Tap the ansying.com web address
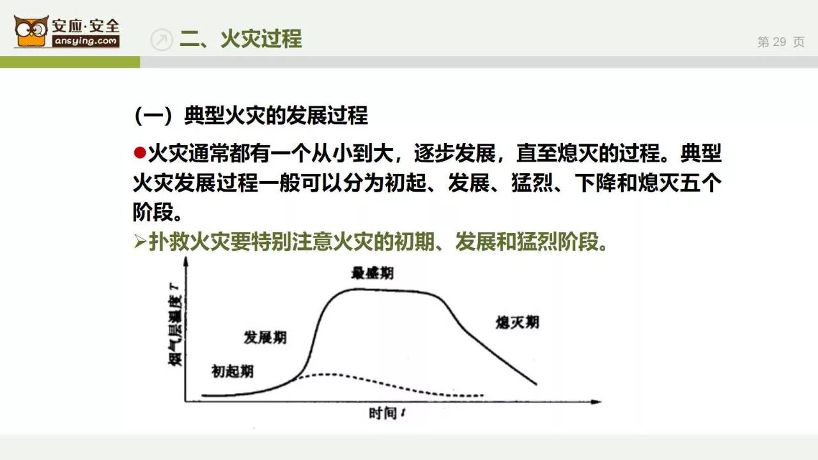point(86,41)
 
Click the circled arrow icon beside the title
point(162,39)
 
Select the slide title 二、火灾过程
point(241,39)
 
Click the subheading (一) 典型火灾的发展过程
point(251,116)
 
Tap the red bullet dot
point(139,153)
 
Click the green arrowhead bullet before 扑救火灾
point(140,241)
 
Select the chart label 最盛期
point(372,273)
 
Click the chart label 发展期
point(265,337)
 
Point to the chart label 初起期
point(232,371)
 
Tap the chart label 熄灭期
point(517,323)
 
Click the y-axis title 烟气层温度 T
point(174,324)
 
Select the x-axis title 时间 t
point(387,413)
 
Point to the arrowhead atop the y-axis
point(186,261)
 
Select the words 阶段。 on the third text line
point(157,212)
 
